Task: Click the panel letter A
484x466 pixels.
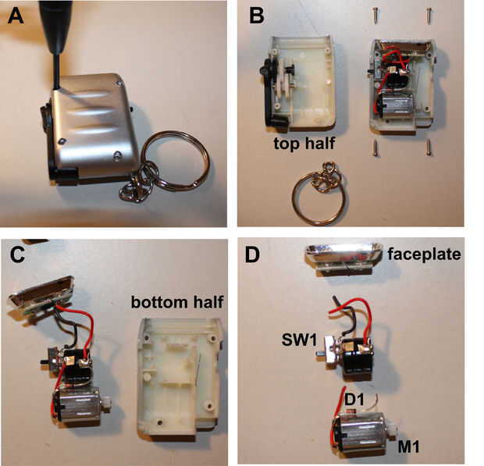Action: pyautogui.click(x=16, y=16)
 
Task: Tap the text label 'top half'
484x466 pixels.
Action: pyautogui.click(x=304, y=144)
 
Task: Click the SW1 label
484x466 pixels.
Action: pyautogui.click(x=296, y=341)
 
